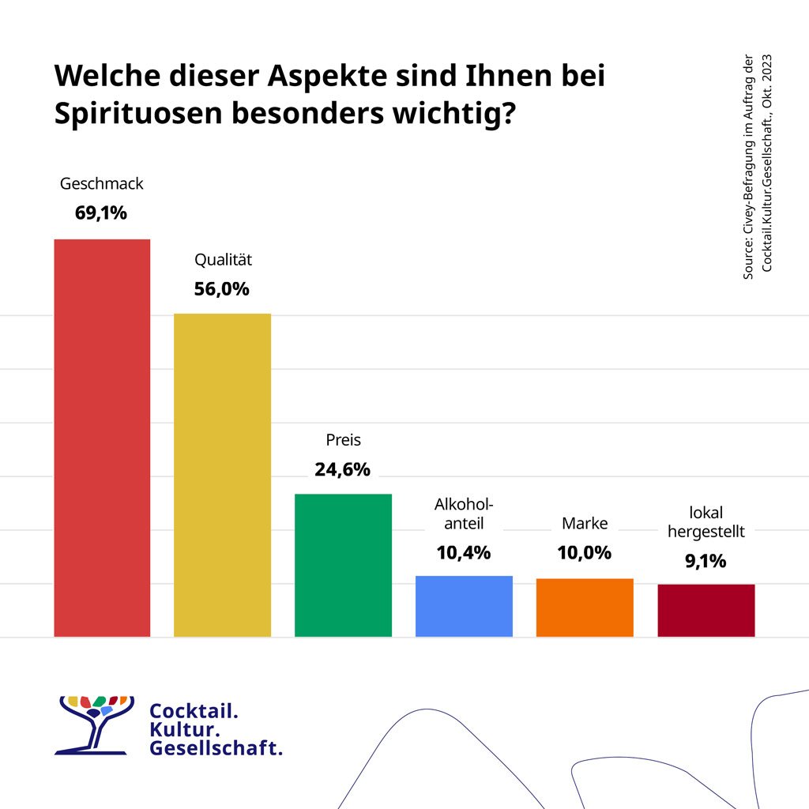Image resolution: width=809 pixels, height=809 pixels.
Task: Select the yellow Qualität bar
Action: [x=222, y=474]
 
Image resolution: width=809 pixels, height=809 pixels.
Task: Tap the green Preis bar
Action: [x=343, y=564]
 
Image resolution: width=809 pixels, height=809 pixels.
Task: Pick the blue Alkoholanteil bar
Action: [x=464, y=605]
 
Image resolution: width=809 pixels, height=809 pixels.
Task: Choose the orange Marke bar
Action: [x=585, y=607]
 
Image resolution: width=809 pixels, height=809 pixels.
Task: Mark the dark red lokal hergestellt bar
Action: [x=706, y=610]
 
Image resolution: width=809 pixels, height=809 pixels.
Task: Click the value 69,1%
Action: [x=101, y=213]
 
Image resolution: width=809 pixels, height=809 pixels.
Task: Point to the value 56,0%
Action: [x=222, y=289]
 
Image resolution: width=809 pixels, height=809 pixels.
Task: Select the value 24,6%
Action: [x=342, y=470]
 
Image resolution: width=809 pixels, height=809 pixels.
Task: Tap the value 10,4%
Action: [x=464, y=553]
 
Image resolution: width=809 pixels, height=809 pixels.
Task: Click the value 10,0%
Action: [x=585, y=553]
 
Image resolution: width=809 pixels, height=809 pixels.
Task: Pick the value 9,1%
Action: [x=706, y=562]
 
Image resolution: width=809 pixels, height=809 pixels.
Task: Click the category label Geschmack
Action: [x=102, y=184]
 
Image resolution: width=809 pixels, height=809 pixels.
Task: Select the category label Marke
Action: [x=585, y=524]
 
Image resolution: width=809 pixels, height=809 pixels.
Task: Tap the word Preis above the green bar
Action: [x=343, y=440]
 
